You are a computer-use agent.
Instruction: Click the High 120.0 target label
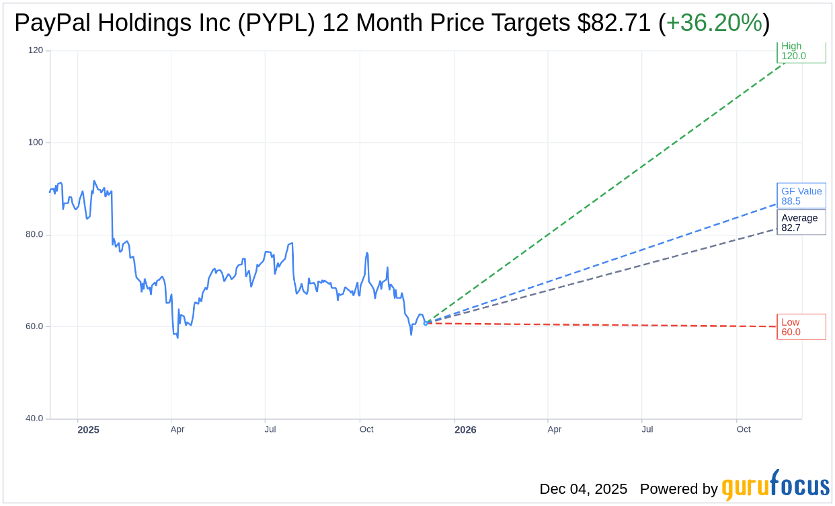(x=801, y=51)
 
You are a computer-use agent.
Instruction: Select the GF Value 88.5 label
(x=801, y=196)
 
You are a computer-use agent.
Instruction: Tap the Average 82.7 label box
(x=801, y=223)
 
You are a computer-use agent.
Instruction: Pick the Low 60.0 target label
(x=801, y=327)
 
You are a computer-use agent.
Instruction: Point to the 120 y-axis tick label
(x=35, y=50)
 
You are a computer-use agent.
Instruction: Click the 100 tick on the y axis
(x=35, y=143)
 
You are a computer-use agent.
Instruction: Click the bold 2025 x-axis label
(x=88, y=430)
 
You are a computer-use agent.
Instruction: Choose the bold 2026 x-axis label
(x=465, y=430)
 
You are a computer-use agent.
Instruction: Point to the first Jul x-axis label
(x=270, y=429)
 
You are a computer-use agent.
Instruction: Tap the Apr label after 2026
(x=554, y=429)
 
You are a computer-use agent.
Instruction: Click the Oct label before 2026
(x=366, y=429)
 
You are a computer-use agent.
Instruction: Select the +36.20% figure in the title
(x=714, y=23)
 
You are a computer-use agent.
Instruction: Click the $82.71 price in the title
(x=614, y=23)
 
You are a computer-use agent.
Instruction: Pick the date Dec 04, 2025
(x=583, y=489)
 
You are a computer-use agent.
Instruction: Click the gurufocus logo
(x=775, y=486)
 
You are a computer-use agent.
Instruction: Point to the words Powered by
(x=678, y=489)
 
